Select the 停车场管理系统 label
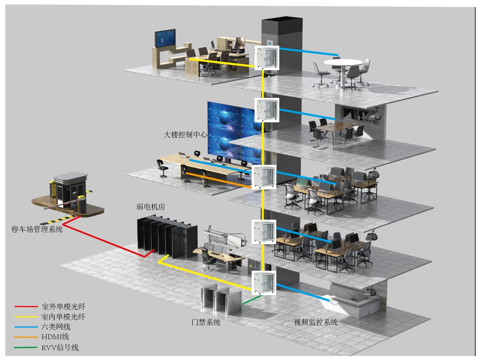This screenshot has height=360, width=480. coord(37,230)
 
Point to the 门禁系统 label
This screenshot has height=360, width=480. coord(206,322)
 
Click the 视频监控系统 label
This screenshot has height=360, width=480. coord(316,322)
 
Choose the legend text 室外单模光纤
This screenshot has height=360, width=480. coord(64,307)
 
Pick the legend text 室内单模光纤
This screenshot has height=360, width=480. coord(64,317)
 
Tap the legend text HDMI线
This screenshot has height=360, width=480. coord(55,337)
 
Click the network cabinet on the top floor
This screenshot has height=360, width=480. coord(266,57)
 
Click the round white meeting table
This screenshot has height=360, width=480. coord(343,63)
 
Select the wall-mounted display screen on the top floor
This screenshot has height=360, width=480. coord(165,39)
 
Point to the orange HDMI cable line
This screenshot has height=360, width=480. coord(220,181)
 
